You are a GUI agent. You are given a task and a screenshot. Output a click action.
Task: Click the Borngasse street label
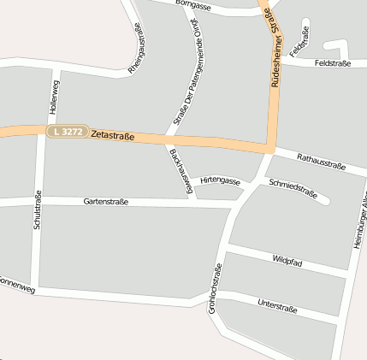[194, 5]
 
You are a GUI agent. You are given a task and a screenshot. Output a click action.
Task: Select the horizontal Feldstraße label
[332, 63]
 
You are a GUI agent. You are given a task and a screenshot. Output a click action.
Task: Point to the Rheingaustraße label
[136, 48]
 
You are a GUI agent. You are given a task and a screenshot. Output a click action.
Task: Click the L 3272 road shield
[67, 132]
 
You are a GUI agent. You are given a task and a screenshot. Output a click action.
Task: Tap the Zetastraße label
[112, 135]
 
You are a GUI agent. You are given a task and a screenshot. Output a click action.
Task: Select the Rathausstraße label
[321, 159]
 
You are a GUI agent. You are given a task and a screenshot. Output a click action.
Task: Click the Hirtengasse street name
[220, 180]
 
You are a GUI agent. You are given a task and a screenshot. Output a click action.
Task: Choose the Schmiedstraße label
[293, 189]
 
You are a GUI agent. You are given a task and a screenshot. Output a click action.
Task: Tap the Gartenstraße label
[106, 202]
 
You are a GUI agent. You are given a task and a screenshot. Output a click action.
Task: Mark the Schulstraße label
[38, 210]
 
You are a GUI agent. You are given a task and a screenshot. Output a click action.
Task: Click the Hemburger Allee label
[359, 224]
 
